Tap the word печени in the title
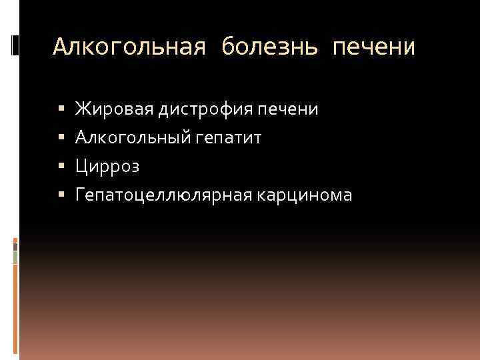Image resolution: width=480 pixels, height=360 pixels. [x=373, y=47]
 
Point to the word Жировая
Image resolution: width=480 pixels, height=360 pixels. [x=115, y=108]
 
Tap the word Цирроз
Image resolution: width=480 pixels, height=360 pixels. [x=107, y=166]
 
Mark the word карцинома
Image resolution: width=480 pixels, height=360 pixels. [x=309, y=195]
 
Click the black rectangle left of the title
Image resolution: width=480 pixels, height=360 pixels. [x=15, y=45]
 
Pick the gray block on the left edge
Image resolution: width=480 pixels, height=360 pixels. [x=16, y=246]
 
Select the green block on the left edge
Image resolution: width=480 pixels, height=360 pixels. [x=16, y=257]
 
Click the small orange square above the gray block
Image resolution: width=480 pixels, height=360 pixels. [x=16, y=239]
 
